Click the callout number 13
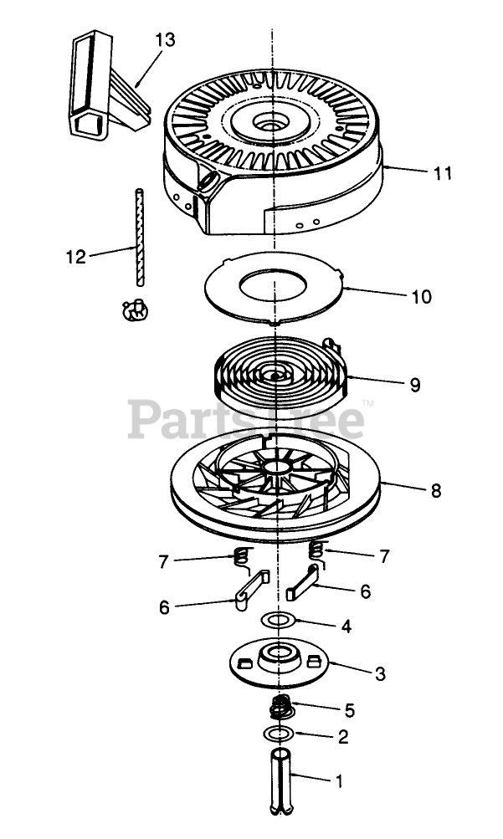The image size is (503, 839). [x=166, y=39]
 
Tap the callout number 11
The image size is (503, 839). [x=443, y=173]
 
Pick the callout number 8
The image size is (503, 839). [x=436, y=491]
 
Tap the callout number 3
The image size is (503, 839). [x=380, y=673]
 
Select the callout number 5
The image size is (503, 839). [x=349, y=711]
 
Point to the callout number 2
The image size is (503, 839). [x=343, y=738]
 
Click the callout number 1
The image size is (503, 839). [x=339, y=783]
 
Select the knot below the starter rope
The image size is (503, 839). [x=134, y=310]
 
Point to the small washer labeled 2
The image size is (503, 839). [x=277, y=734]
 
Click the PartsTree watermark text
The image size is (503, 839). [x=247, y=418]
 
